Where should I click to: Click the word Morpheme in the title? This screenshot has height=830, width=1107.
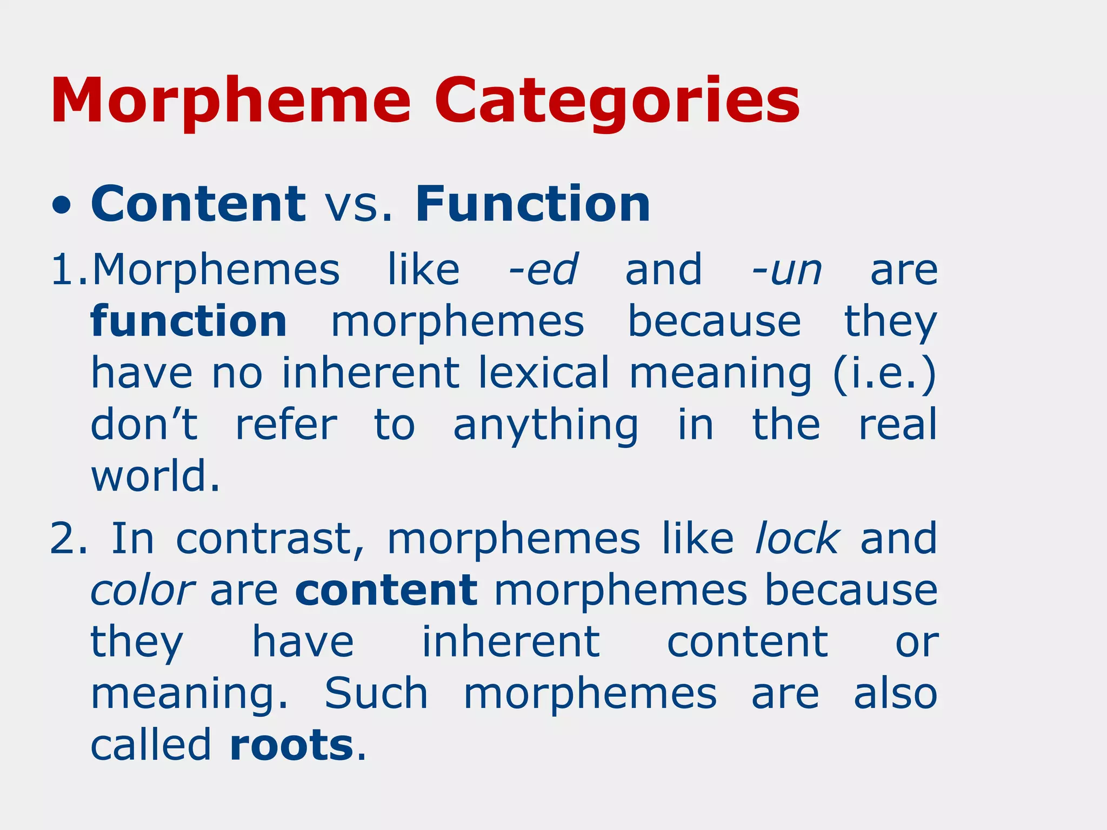pyautogui.click(x=231, y=102)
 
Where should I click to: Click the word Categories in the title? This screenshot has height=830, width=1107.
pyautogui.click(x=617, y=102)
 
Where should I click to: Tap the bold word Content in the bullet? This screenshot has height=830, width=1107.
pyautogui.click(x=198, y=204)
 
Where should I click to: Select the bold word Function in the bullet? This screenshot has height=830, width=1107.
pyautogui.click(x=532, y=204)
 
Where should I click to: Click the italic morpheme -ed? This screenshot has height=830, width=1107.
pyautogui.click(x=543, y=269)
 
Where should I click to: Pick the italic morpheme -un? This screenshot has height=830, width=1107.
pyautogui.click(x=787, y=269)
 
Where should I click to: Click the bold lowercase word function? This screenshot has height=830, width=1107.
pyautogui.click(x=189, y=321)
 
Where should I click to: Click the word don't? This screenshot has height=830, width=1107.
pyautogui.click(x=144, y=425)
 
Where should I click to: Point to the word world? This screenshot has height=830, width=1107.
pyautogui.click(x=155, y=476)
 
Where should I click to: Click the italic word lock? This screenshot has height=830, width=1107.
pyautogui.click(x=798, y=538)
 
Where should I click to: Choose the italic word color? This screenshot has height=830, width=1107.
pyautogui.click(x=142, y=590)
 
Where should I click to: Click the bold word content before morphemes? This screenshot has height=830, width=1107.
pyautogui.click(x=386, y=590)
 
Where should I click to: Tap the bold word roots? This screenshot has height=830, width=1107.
pyautogui.click(x=292, y=745)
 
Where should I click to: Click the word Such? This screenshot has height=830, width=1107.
pyautogui.click(x=376, y=694)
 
